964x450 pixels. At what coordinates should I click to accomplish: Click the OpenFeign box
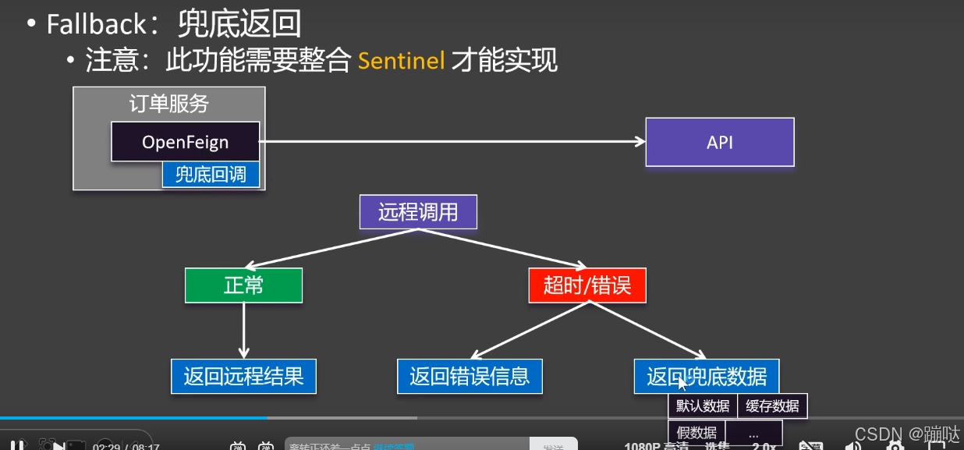coord(185,142)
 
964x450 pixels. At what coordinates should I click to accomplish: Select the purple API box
coord(719,142)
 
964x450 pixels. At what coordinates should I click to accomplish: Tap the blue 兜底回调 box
coord(211,175)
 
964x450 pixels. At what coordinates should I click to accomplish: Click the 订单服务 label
coord(169,104)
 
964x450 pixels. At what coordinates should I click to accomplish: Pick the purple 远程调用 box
coord(418,211)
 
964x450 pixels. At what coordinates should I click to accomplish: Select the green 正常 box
coord(243,285)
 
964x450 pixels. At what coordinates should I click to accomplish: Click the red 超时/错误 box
coord(587,285)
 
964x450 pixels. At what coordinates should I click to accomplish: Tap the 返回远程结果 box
coord(243,377)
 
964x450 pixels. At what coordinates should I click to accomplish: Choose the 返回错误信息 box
coord(470,377)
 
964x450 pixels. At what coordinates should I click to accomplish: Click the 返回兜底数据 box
coord(707,377)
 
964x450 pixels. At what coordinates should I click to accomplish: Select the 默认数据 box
coord(703,406)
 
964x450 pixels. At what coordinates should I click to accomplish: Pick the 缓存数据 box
coord(772,406)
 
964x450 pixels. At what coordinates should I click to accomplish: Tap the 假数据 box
coord(696,433)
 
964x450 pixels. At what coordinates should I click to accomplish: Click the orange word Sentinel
coord(401,60)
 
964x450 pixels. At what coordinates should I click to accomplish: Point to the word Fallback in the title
coord(96,24)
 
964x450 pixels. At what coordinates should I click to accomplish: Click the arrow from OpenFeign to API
coord(452,141)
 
